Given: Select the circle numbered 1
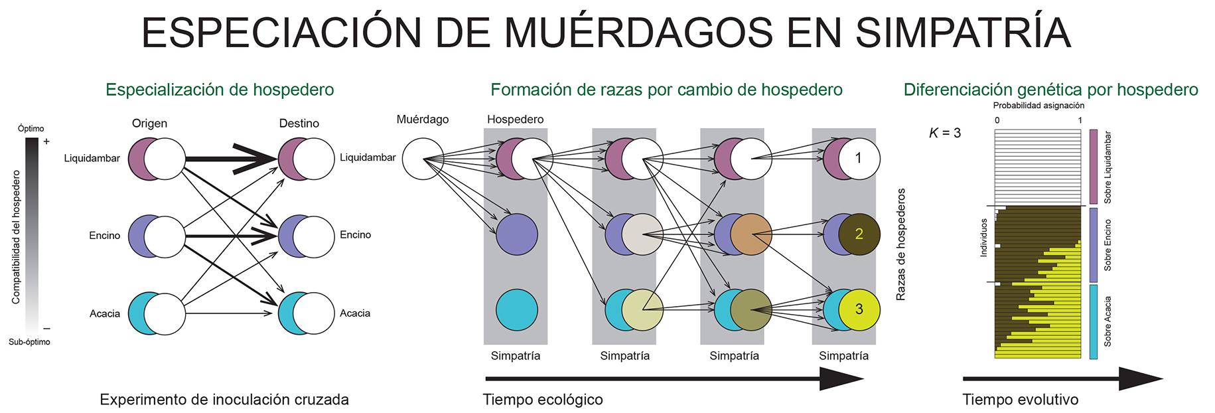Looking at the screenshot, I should (859, 159).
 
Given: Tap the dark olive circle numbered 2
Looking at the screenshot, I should (859, 234).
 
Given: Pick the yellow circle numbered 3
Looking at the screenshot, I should (859, 309).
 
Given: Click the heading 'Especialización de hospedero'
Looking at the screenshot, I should (220, 90).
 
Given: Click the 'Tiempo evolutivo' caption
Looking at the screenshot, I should (1020, 400).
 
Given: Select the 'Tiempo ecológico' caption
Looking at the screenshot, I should (543, 400).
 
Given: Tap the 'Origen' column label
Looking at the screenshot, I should (149, 124).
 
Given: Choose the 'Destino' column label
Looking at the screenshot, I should (299, 124).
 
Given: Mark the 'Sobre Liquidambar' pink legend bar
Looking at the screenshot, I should (1093, 167).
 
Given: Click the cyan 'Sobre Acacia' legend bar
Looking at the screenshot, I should (1093, 321).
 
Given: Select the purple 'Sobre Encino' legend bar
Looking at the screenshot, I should (1093, 244).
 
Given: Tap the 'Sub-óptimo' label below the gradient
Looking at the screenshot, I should (29, 342).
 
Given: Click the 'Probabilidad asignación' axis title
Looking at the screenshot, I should (1038, 106).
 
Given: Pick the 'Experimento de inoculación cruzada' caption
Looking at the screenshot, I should (224, 400).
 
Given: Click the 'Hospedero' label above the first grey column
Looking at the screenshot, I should (515, 120).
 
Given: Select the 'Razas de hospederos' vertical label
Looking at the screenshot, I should (901, 244).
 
